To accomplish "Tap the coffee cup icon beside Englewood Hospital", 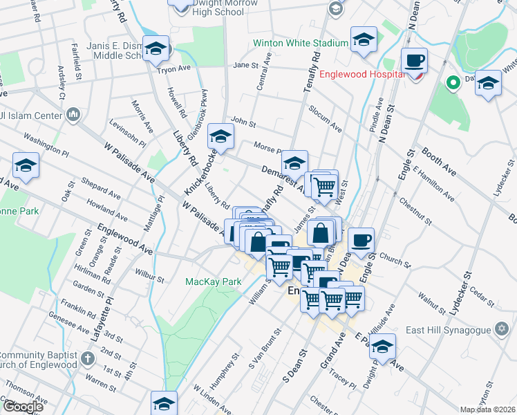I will coord(414,60).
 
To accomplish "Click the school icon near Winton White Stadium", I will coord(363,39).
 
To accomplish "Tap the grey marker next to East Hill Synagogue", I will coord(502,330).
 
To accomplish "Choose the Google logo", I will coord(22,407).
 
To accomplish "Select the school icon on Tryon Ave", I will coord(156,48).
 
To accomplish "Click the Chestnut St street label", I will coord(415,212).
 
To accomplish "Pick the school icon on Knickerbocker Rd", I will coord(220,136).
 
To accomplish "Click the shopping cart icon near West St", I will coord(323,185).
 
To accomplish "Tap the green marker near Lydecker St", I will coord(453,84).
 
